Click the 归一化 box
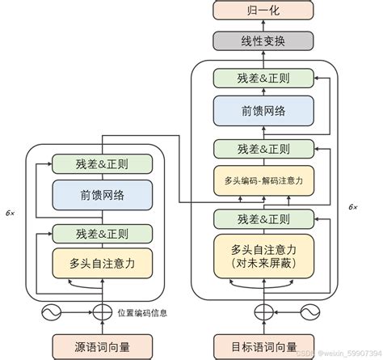pyautogui.click(x=261, y=11)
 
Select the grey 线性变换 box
pyautogui.click(x=261, y=40)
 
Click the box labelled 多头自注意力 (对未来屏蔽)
pyautogui.click(x=261, y=255)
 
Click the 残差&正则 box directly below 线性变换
pyautogui.click(x=261, y=78)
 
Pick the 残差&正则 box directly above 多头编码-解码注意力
pyautogui.click(x=261, y=149)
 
